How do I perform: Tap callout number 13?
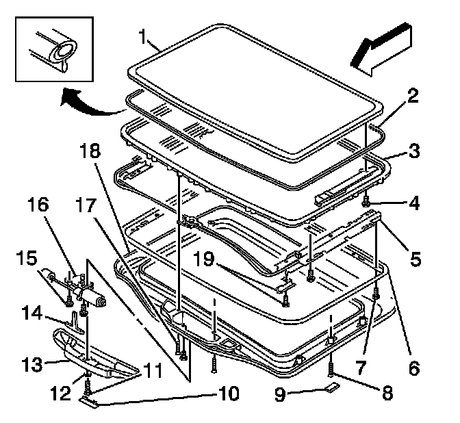pos(31,362)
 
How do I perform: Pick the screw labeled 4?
pos(368,203)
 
